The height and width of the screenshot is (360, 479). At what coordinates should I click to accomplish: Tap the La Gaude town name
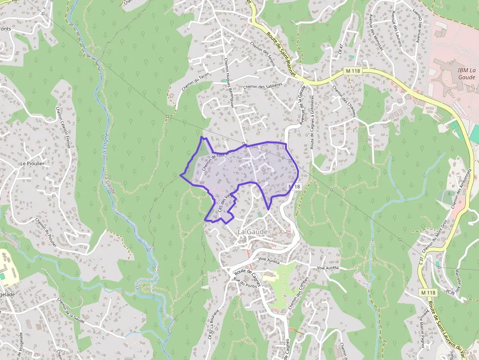pos(252,231)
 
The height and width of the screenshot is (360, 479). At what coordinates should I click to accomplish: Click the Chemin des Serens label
pos(262,53)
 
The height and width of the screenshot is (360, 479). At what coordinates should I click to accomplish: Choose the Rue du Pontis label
pos(245,282)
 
